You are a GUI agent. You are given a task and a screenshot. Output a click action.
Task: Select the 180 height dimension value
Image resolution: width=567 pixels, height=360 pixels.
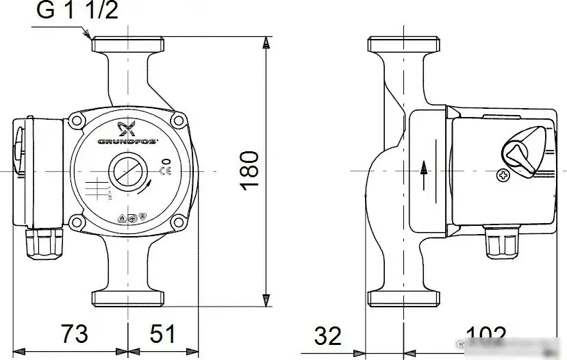click(250, 170)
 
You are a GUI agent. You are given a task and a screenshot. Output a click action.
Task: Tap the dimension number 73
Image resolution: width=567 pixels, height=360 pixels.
click(73, 334)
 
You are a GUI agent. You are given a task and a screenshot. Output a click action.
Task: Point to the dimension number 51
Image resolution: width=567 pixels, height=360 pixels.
click(162, 334)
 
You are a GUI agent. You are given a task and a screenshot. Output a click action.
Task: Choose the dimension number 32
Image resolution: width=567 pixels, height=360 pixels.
click(328, 335)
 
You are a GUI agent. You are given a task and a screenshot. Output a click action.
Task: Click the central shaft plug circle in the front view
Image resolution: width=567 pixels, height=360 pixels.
click(127, 170)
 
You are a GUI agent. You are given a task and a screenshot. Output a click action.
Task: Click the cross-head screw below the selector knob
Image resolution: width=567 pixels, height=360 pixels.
click(503, 177)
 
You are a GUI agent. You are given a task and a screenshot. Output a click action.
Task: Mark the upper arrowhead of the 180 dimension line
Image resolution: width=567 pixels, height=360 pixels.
click(265, 42)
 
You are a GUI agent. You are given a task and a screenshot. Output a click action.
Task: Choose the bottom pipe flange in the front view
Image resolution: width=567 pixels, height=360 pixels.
click(128, 298)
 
